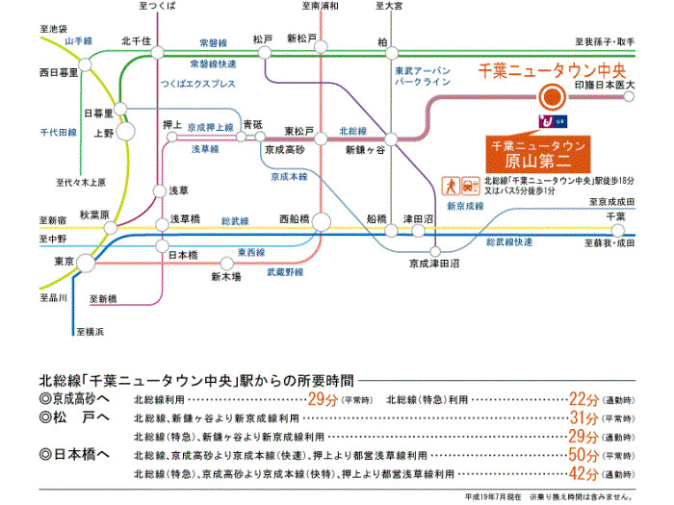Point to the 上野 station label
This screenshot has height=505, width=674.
tap(103, 133)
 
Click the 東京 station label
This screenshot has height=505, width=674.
tap(65, 261)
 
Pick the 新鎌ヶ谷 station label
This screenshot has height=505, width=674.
tap(365, 151)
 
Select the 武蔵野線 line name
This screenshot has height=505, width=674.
tap(286, 272)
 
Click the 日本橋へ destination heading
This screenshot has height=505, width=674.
tap(76, 454)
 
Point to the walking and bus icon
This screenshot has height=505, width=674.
tap(458, 185)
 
